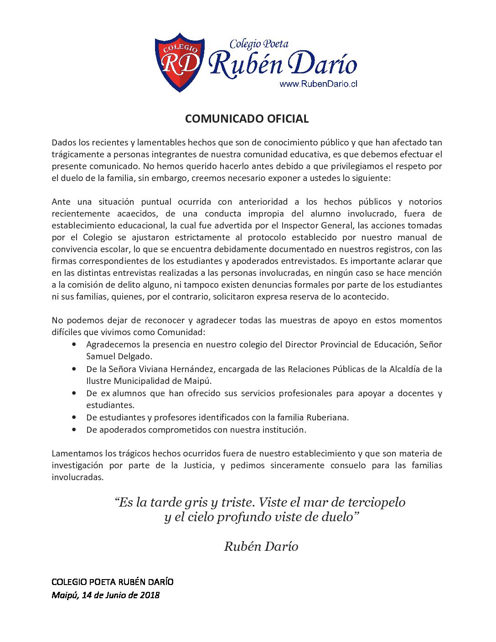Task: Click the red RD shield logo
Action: pos(180,62)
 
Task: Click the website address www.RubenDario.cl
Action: pos(318,84)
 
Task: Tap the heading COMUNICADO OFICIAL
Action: pos(247,119)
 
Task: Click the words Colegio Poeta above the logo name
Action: pos(259,44)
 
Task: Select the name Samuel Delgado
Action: pos(119,357)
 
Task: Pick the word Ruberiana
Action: pos(327,417)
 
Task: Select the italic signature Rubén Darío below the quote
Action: pos(261,546)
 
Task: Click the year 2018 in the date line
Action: pos(150,595)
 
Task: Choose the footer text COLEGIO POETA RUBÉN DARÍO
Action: pos(113,582)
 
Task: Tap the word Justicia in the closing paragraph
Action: pos(198,465)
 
